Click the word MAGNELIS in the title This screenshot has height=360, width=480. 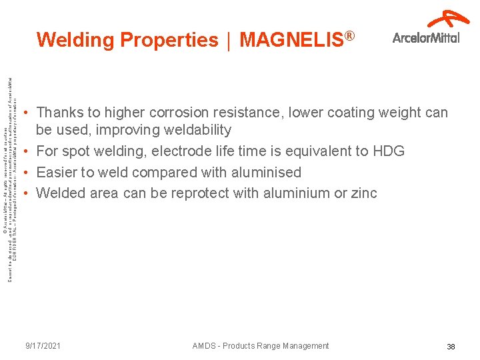(x=291, y=41)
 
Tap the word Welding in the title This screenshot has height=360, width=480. (x=76, y=41)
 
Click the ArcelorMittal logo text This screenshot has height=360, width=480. (x=426, y=38)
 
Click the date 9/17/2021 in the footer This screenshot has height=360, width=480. (x=43, y=346)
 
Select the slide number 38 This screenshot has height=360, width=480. (x=451, y=347)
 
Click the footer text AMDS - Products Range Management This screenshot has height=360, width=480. (x=261, y=346)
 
